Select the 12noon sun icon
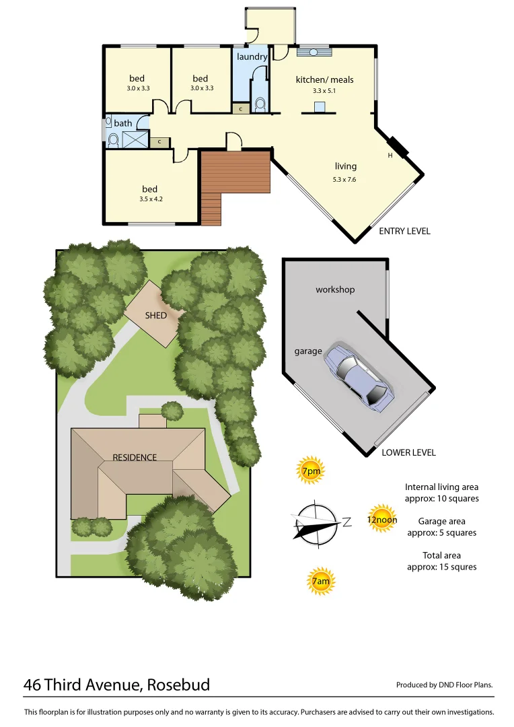click(381, 519)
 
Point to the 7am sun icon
click(320, 580)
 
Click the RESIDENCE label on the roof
click(135, 457)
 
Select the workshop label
click(335, 289)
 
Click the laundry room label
click(252, 57)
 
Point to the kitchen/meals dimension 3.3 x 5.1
click(324, 90)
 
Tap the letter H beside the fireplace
click(390, 156)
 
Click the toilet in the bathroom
click(113, 139)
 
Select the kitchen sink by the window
click(314, 51)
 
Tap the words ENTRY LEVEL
click(404, 231)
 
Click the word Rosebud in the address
click(178, 685)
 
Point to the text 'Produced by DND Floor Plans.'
click(444, 685)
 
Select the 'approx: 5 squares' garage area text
click(441, 532)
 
